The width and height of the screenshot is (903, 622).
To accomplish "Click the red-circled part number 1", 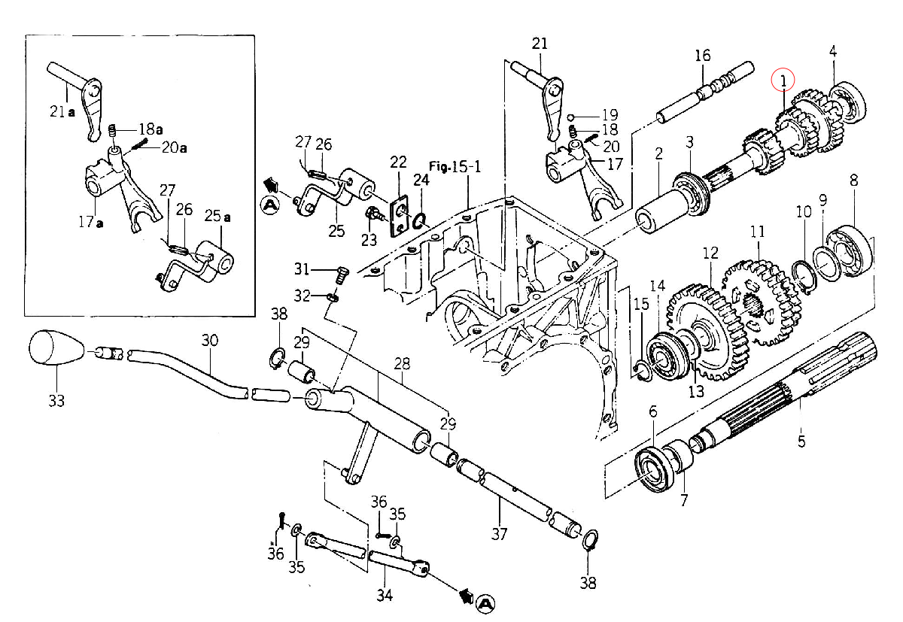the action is point(783,81).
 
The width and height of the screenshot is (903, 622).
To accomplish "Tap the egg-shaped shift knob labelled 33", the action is point(56,348).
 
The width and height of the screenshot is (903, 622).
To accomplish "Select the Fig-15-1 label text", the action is point(455,167).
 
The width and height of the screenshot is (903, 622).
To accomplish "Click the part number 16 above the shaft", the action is point(703,55).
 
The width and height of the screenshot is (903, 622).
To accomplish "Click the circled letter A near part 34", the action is point(485,604).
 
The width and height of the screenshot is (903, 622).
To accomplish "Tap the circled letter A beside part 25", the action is point(270,205).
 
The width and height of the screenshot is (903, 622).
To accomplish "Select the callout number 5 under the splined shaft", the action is point(801,441).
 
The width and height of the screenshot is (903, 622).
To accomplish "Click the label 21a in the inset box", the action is point(62,111).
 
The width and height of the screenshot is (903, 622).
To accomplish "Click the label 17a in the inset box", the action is point(91,222).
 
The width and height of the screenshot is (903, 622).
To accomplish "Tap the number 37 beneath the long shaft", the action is point(499,534).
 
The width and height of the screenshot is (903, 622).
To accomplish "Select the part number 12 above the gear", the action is point(710,253).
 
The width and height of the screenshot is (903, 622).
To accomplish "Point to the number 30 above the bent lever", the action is point(210,341).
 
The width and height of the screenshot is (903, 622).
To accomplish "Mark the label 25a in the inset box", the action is point(217,217).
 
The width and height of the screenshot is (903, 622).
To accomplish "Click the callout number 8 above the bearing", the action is point(854,180).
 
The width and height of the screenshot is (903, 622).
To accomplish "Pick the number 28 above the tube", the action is point(402,364).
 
